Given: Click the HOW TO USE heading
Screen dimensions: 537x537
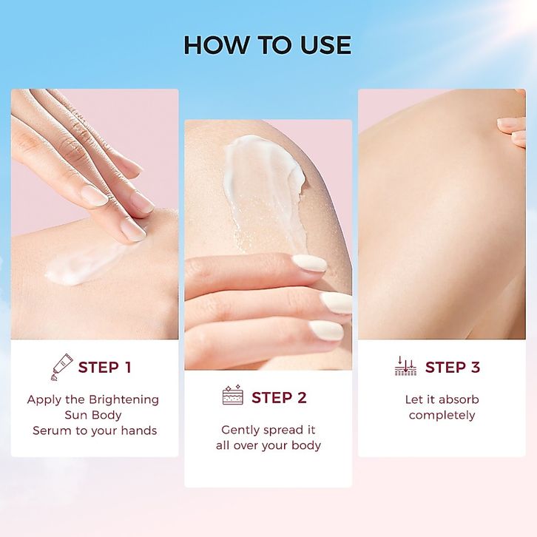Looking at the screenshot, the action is click(268, 45).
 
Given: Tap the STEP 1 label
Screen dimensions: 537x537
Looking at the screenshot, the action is click(105, 368).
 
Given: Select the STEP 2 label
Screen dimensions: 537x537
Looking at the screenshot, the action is click(279, 398).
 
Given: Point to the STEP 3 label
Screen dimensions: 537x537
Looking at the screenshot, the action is click(453, 368).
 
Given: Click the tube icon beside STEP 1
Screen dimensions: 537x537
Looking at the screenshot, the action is click(61, 367).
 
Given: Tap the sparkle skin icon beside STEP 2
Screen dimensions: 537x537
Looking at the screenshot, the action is click(233, 395).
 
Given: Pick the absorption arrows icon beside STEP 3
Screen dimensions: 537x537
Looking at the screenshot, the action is click(405, 365).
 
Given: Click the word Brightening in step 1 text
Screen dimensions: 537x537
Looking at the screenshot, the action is click(124, 400).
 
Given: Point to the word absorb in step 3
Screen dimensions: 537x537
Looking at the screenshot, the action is click(459, 399).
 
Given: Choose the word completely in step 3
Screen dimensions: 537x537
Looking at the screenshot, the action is click(442, 416).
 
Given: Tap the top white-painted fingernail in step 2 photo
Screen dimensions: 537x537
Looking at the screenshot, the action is click(309, 264).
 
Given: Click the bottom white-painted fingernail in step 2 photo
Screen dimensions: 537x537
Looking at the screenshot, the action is click(326, 330).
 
